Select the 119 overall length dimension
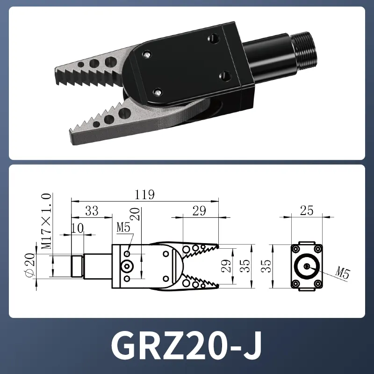(144, 194)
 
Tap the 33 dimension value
(92, 211)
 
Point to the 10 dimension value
(78, 228)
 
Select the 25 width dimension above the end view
(306, 211)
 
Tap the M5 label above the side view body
(123, 228)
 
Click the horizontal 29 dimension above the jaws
(199, 211)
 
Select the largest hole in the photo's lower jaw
(124, 113)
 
